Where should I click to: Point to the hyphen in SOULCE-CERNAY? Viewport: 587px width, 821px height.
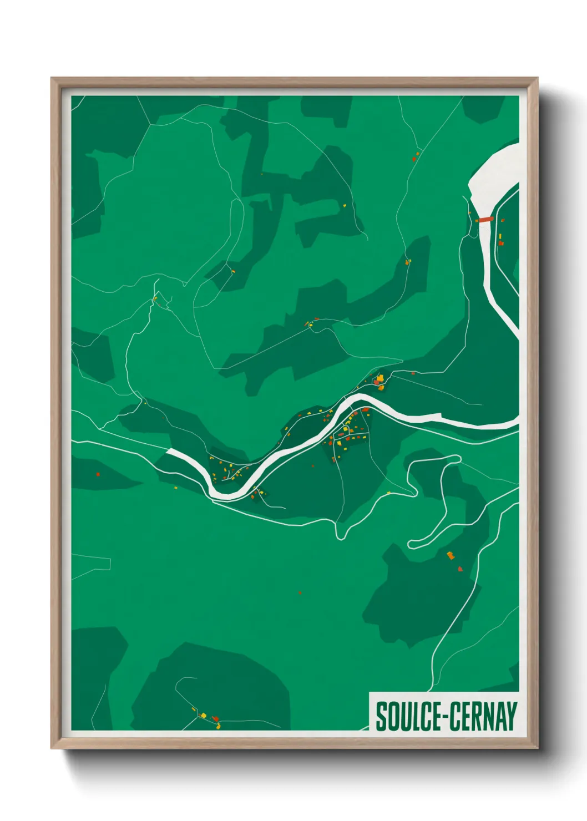tap(442, 717)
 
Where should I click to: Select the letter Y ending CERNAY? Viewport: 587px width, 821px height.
tap(512, 716)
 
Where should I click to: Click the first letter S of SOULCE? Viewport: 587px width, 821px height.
tap(381, 716)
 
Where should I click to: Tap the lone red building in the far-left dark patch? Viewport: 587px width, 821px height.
tap(98, 474)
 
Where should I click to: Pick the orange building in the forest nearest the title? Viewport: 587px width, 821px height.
tap(451, 555)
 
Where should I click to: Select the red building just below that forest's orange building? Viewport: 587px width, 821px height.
tap(460, 569)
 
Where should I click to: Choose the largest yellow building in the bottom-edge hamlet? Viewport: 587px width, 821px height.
tap(203, 715)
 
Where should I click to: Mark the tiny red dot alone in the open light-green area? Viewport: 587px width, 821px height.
tap(300, 592)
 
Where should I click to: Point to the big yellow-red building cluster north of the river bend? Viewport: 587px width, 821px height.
tap(379, 380)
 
